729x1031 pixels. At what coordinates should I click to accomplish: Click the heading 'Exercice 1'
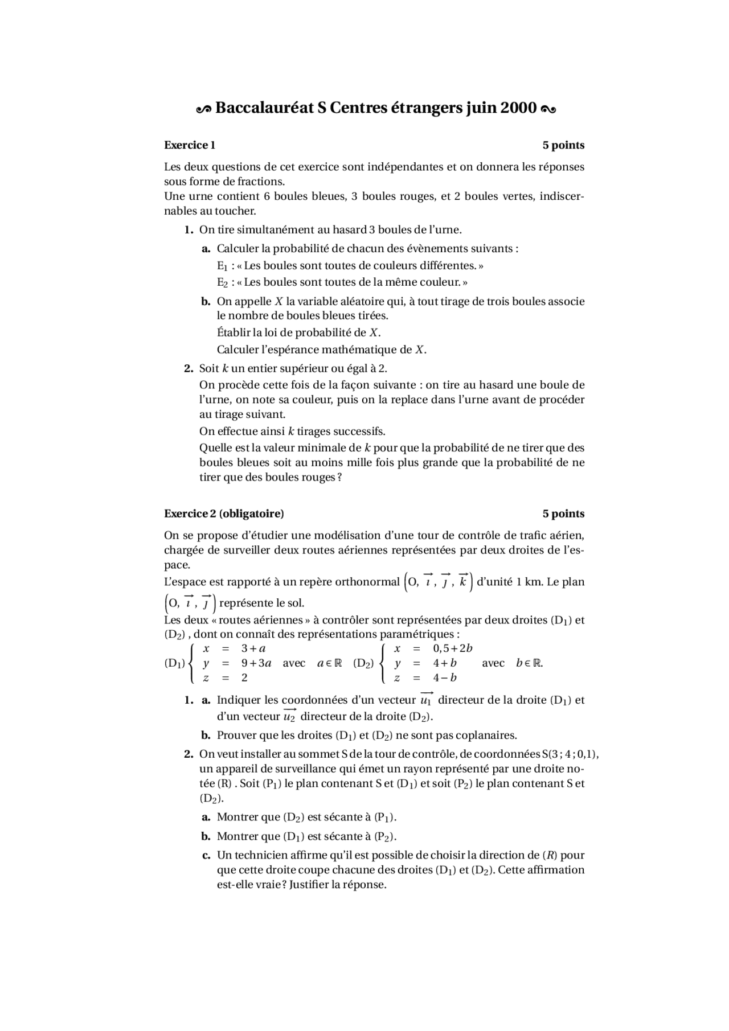(x=190, y=145)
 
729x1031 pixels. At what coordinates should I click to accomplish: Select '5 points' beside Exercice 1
(x=563, y=145)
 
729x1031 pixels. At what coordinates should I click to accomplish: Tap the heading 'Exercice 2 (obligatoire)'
(x=224, y=514)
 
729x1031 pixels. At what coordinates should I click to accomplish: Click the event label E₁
(x=222, y=266)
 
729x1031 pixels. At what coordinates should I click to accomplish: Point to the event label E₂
(x=222, y=282)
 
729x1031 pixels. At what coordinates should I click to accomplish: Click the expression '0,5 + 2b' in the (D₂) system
(x=453, y=648)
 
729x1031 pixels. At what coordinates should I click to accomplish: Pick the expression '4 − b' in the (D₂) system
(x=444, y=677)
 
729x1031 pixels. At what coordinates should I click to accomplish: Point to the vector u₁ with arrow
(x=425, y=699)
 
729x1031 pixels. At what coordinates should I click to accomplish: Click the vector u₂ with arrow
(x=289, y=716)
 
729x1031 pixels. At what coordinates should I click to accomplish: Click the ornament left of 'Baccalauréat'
(x=203, y=108)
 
